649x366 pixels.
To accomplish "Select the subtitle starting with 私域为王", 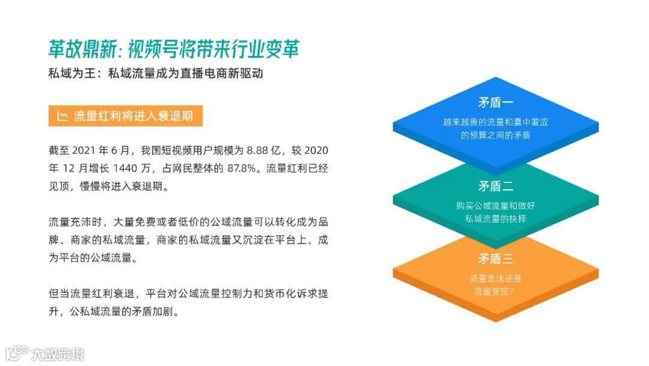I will pos(156,74).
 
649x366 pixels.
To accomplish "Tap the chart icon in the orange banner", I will pos(62,116).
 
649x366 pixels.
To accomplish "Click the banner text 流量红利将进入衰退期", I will pos(133,116).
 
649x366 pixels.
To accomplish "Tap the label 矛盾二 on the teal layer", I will pos(495,186).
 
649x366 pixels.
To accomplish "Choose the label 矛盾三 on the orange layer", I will pos(495,259).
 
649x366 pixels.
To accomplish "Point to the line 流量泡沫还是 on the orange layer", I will pos(495,279).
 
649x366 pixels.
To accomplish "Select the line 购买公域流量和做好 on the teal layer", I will pos(495,205).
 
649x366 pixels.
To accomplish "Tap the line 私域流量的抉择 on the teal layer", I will pos(495,219).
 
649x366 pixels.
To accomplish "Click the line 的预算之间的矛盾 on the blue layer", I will pos(495,135).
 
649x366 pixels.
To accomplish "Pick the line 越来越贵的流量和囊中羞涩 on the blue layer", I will pos(495,122).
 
